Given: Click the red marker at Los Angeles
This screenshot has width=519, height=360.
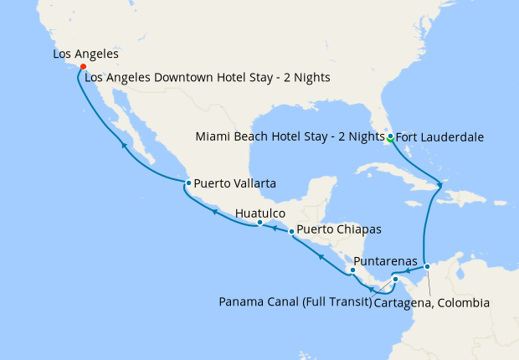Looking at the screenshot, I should [83, 68].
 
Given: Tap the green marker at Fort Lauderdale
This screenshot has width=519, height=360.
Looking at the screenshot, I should [390, 136].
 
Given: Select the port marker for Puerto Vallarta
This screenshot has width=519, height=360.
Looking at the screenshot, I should [188, 183].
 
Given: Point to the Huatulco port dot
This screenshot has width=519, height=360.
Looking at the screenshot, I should [259, 223].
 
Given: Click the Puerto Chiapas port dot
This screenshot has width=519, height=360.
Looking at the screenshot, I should [290, 231].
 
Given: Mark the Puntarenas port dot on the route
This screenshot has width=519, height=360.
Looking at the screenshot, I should [352, 270].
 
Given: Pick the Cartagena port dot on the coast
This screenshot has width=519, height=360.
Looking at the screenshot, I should [427, 266].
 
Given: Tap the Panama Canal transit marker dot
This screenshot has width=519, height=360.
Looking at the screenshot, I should [395, 280].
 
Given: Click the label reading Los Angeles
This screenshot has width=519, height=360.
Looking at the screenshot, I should [85, 54].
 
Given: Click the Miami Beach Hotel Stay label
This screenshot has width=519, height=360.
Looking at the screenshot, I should [288, 136].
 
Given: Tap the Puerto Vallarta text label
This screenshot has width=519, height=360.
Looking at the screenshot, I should [236, 183].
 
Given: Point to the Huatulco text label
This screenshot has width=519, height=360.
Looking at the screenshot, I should [261, 213].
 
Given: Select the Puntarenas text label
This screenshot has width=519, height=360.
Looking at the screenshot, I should [386, 261].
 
